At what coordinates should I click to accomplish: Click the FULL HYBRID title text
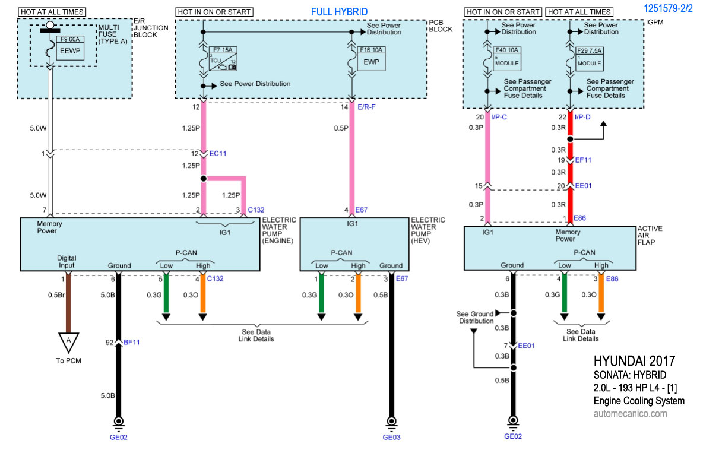[x=339, y=12]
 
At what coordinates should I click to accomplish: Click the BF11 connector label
[x=132, y=342]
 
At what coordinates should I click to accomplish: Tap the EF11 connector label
[x=584, y=160]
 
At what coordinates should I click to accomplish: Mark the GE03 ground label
[x=392, y=438]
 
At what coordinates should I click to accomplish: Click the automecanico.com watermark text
[x=630, y=414]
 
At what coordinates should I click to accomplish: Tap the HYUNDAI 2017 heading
[x=634, y=362]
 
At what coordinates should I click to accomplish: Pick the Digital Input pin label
[x=66, y=262]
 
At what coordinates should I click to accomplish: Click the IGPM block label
[x=654, y=23]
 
